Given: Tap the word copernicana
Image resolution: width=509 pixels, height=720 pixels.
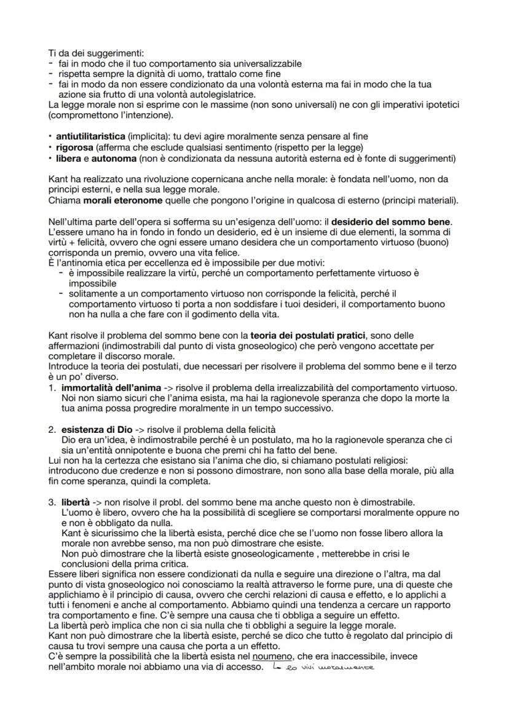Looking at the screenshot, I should (218, 179).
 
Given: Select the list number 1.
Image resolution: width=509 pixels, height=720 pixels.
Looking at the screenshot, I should (51, 388).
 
